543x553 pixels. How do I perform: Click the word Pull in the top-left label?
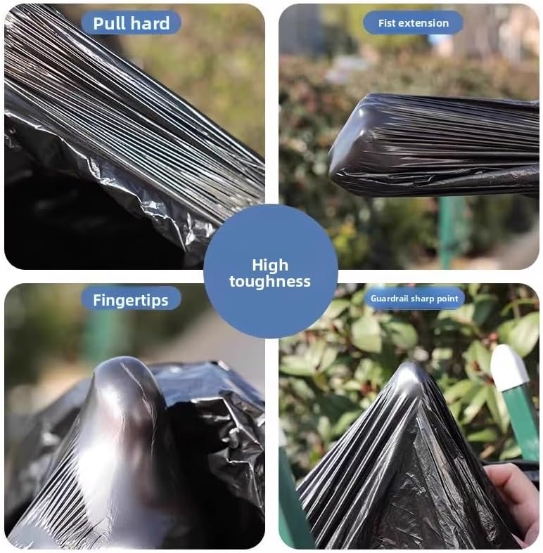[x=111, y=22]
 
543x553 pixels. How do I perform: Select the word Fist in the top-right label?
[x=387, y=22]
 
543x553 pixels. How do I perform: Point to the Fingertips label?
[x=130, y=300]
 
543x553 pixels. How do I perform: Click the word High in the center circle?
[x=270, y=266]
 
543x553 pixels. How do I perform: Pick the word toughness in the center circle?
[x=270, y=282]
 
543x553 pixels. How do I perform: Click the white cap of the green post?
[x=508, y=366]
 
